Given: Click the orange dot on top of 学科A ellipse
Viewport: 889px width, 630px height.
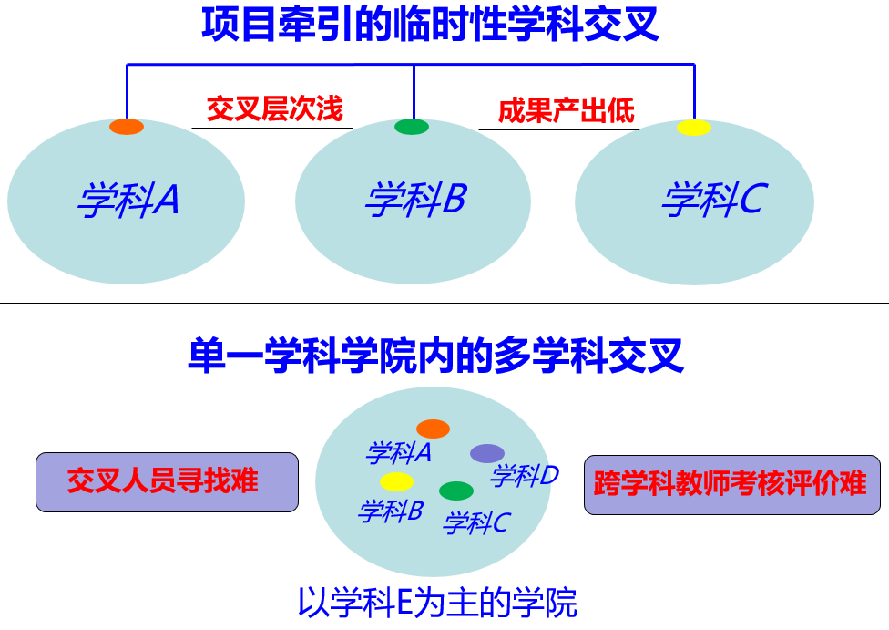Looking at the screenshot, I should (x=127, y=127).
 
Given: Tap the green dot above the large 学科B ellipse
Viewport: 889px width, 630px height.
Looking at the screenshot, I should (x=412, y=127).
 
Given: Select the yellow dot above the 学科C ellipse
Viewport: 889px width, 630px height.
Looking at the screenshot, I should (x=694, y=128).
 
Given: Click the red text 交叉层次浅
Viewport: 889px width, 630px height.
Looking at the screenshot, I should (x=274, y=109).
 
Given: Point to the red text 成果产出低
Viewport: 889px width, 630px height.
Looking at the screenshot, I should (x=566, y=110).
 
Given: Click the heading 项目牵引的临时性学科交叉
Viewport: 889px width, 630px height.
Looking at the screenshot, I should (x=430, y=25).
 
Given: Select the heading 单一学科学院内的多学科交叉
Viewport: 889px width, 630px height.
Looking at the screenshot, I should (x=435, y=356).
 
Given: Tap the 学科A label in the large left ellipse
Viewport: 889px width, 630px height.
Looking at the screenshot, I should (x=128, y=201).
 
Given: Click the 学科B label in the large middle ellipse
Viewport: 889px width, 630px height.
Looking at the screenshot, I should (x=415, y=200).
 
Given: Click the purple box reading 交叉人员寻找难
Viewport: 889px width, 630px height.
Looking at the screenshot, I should (x=167, y=481).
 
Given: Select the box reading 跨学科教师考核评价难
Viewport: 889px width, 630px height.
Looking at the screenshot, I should (x=731, y=483).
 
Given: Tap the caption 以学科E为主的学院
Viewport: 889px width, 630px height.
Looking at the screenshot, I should (x=437, y=603).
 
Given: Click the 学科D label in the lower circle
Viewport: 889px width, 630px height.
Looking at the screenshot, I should (x=525, y=475).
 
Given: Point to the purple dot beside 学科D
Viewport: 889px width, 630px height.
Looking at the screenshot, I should (x=487, y=453).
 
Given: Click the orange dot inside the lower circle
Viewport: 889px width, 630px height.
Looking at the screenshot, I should (x=433, y=429).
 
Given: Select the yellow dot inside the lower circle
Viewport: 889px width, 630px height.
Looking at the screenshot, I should (x=396, y=481).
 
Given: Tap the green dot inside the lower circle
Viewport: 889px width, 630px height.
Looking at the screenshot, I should (x=456, y=491).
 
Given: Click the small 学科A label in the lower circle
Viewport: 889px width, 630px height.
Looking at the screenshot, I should (x=398, y=452).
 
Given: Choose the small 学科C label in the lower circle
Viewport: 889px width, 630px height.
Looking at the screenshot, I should (x=476, y=523).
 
